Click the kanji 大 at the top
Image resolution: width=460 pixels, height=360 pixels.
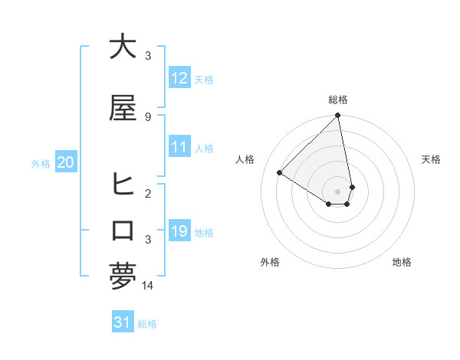pos(123,47)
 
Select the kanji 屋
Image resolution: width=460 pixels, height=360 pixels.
pos(123,109)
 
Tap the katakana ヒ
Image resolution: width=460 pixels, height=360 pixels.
pos(123,184)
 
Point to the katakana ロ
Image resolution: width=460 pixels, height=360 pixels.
pos(123,231)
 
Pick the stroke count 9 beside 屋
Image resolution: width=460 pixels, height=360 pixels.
pos(148,116)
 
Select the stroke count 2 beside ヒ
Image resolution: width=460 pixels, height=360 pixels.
pos(148,193)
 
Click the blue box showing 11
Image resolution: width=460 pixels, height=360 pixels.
pos(179,147)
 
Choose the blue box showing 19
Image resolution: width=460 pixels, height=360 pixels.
pos(179,231)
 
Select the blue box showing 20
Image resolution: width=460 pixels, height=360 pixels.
pos(65,162)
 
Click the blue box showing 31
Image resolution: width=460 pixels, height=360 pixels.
pos(122,322)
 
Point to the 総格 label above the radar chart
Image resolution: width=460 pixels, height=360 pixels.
pos(338,100)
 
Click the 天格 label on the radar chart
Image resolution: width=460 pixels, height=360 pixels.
pos(431,159)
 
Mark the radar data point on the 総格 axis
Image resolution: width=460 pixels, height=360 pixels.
pos(338,116)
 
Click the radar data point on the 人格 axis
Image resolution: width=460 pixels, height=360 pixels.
pos(280,172)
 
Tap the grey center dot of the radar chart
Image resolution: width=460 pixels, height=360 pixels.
pos(338,191)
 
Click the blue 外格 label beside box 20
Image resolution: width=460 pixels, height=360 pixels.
pos(41,163)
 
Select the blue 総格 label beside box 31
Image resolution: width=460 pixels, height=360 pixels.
pos(147,324)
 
